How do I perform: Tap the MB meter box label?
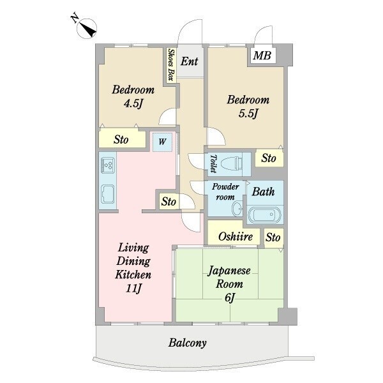[262, 56]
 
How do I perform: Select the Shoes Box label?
[171, 64]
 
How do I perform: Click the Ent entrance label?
[189, 61]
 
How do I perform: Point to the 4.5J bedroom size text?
[133, 103]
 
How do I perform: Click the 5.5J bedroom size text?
[248, 114]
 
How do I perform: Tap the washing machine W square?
[162, 142]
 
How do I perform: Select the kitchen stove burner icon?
[108, 165]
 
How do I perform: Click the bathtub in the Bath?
[265, 215]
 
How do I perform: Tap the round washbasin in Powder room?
[237, 209]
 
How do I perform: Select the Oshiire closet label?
[236, 236]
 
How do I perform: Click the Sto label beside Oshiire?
[273, 237]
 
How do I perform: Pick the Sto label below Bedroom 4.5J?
[121, 139]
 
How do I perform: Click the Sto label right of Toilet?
[269, 158]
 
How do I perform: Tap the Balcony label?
[187, 343]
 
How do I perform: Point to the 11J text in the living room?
[133, 289]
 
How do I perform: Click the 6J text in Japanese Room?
[230, 297]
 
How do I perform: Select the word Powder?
[225, 186]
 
